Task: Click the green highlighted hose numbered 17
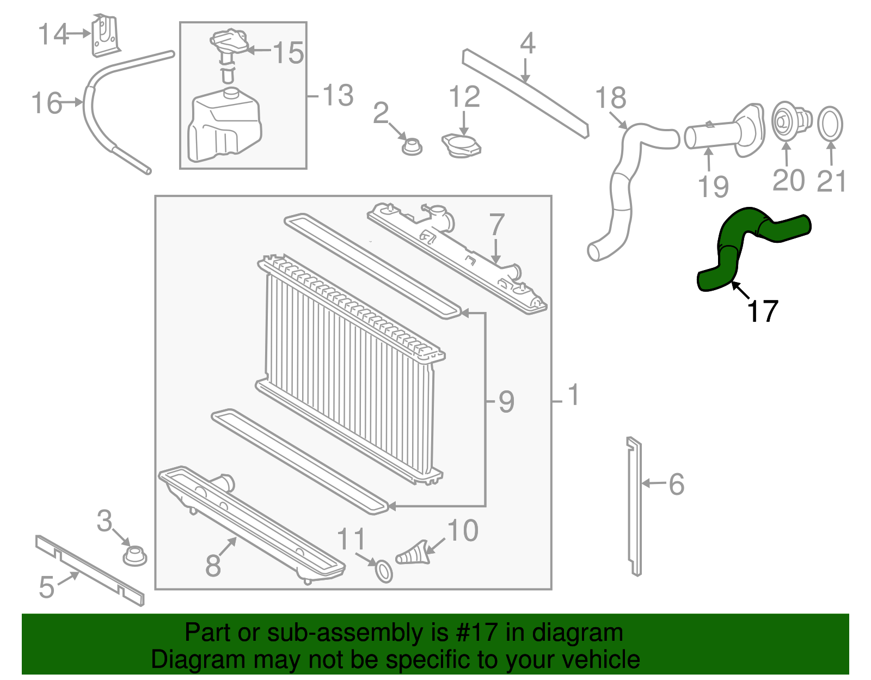click(x=729, y=240)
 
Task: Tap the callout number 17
click(x=763, y=312)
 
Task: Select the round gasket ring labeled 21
click(x=830, y=124)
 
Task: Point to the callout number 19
click(x=713, y=186)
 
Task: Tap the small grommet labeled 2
click(x=412, y=146)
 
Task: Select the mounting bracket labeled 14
click(x=105, y=36)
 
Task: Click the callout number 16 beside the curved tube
click(x=47, y=103)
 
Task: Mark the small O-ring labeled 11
click(x=384, y=571)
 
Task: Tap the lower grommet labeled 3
click(x=134, y=556)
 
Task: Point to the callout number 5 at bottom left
click(x=47, y=587)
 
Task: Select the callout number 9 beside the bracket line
click(x=506, y=402)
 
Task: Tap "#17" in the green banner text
click(x=474, y=633)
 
